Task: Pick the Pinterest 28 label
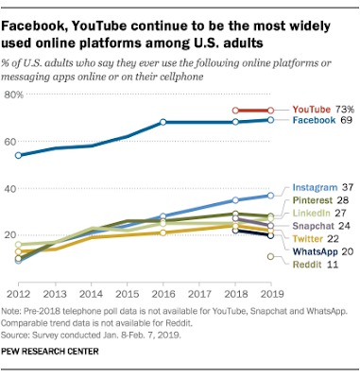click(x=319, y=201)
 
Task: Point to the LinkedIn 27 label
click(x=318, y=214)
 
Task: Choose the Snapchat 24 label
click(x=319, y=227)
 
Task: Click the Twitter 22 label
click(x=315, y=240)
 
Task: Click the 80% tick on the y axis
click(x=13, y=94)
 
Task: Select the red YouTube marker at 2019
click(x=271, y=111)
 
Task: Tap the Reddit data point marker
click(x=271, y=256)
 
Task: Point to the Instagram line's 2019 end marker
click(x=271, y=196)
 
